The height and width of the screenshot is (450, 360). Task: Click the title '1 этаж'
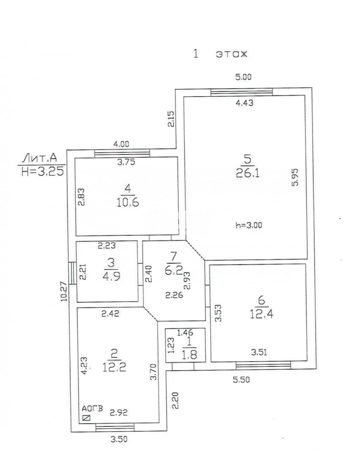tap(220, 54)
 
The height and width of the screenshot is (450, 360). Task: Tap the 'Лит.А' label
tap(40, 158)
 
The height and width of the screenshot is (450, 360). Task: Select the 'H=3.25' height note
tap(43, 172)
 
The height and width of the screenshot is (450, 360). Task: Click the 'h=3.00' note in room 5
tap(249, 225)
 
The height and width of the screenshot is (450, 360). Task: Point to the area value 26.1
tap(247, 173)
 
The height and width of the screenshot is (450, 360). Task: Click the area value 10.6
tap(128, 202)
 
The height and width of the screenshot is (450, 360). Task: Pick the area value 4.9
tap(111, 277)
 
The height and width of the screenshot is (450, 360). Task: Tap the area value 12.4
tap(262, 314)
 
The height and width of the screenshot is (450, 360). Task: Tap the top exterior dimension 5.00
tap(243, 77)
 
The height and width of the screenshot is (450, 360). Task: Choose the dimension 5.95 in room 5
tap(296, 177)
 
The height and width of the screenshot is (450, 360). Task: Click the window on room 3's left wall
tap(73, 273)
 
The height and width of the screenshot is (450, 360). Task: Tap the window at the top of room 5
tap(242, 92)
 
